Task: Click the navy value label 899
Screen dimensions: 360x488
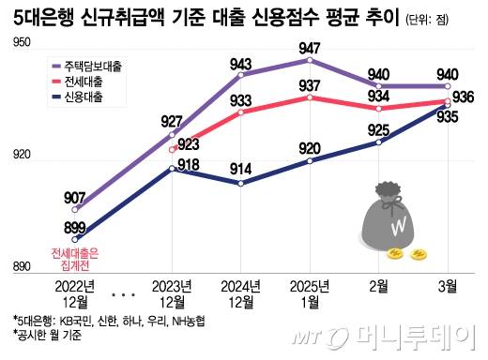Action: coord(74,227)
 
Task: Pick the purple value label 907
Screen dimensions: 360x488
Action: coord(76,197)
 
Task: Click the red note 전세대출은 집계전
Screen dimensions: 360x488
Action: coord(74,256)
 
